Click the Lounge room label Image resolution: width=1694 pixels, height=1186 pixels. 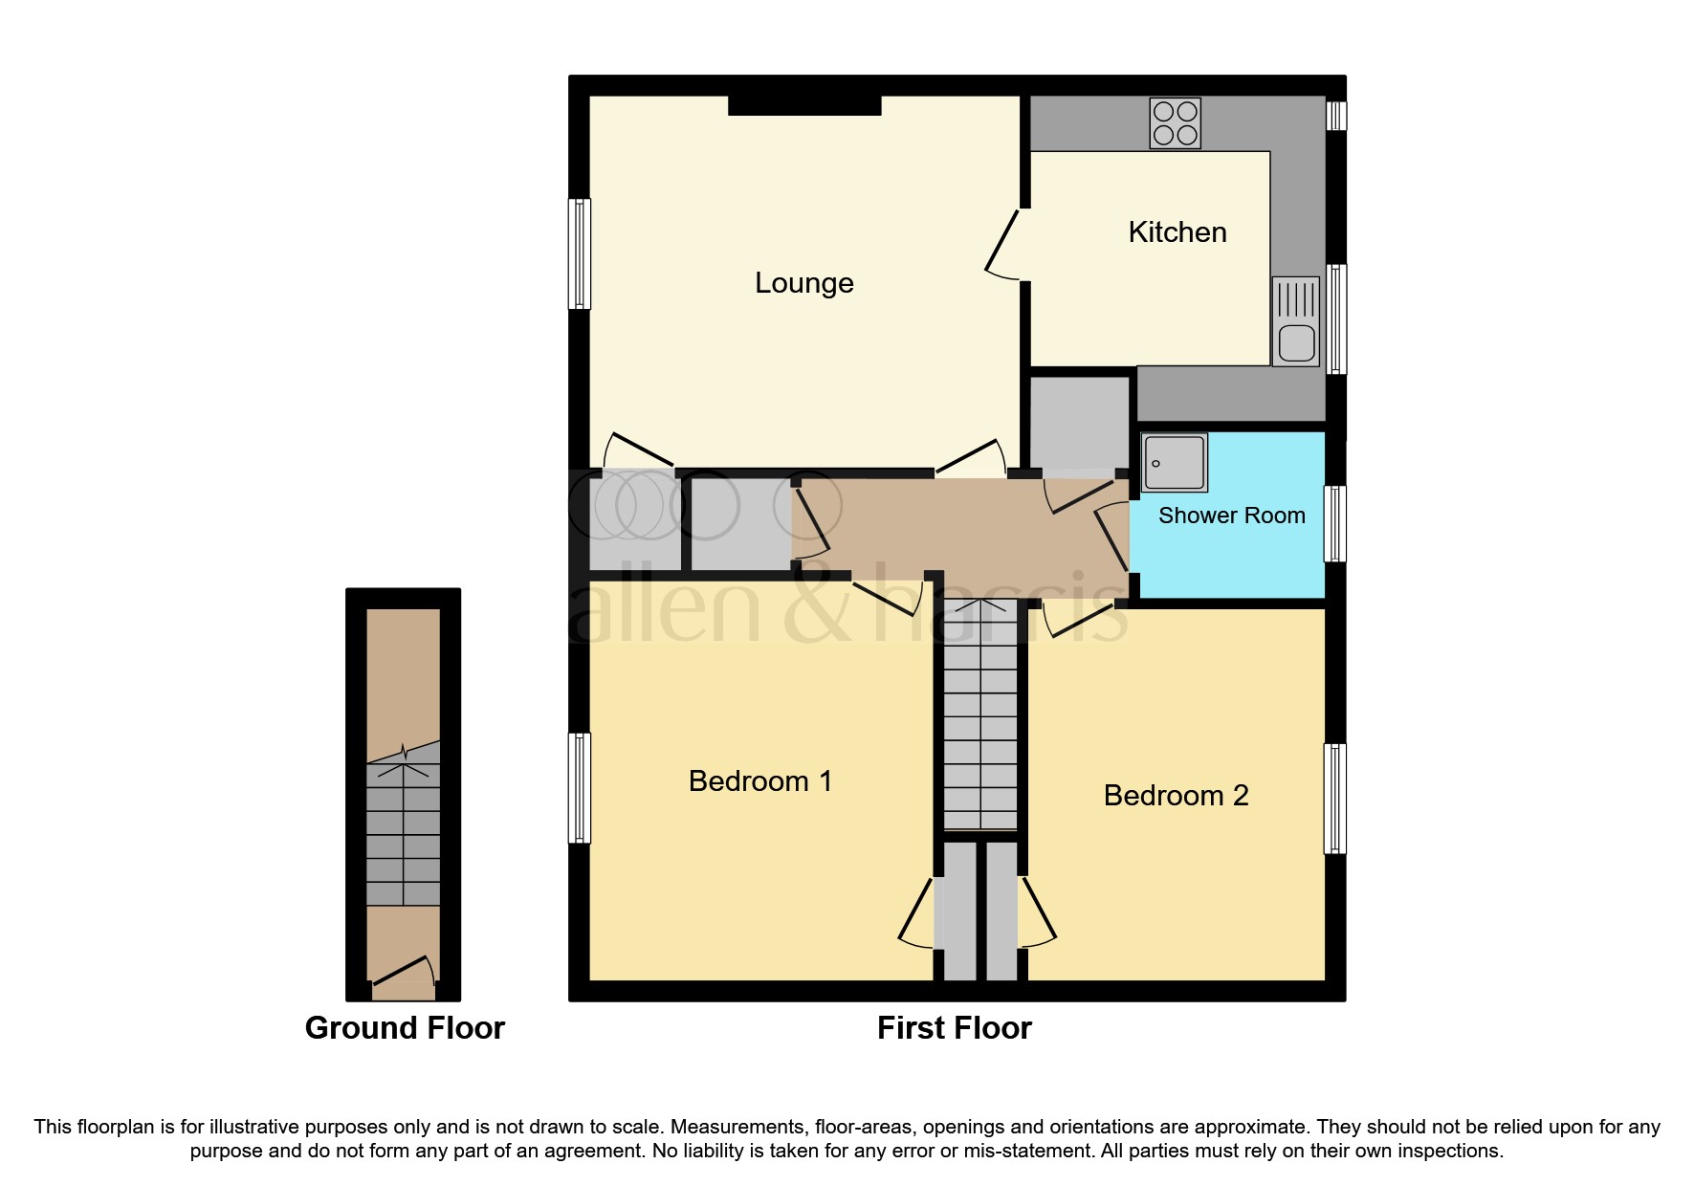[x=803, y=283]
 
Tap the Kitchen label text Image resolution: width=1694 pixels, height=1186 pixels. [x=1177, y=232]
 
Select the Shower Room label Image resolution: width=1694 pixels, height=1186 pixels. [x=1231, y=516]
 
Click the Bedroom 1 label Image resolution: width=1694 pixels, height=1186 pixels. [x=760, y=781]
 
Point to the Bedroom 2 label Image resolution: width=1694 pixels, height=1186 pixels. [x=1176, y=796]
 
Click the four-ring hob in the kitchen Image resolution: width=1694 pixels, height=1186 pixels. [x=1175, y=124]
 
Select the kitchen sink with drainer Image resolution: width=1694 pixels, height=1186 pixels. [x=1295, y=321]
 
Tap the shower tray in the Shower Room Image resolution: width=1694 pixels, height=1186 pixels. [x=1174, y=463]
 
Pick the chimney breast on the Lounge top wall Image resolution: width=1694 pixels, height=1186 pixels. [x=803, y=105]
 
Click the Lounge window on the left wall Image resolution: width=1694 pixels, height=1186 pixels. [x=579, y=253]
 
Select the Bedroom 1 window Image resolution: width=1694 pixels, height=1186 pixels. [x=579, y=787]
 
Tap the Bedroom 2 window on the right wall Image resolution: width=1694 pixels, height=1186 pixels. [x=1335, y=798]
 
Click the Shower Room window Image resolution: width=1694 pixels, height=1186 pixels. [x=1335, y=523]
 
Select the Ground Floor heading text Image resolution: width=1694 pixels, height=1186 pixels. [x=404, y=1028]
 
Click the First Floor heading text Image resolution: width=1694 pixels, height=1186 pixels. [x=954, y=1028]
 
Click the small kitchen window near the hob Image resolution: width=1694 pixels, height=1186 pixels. [x=1336, y=116]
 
